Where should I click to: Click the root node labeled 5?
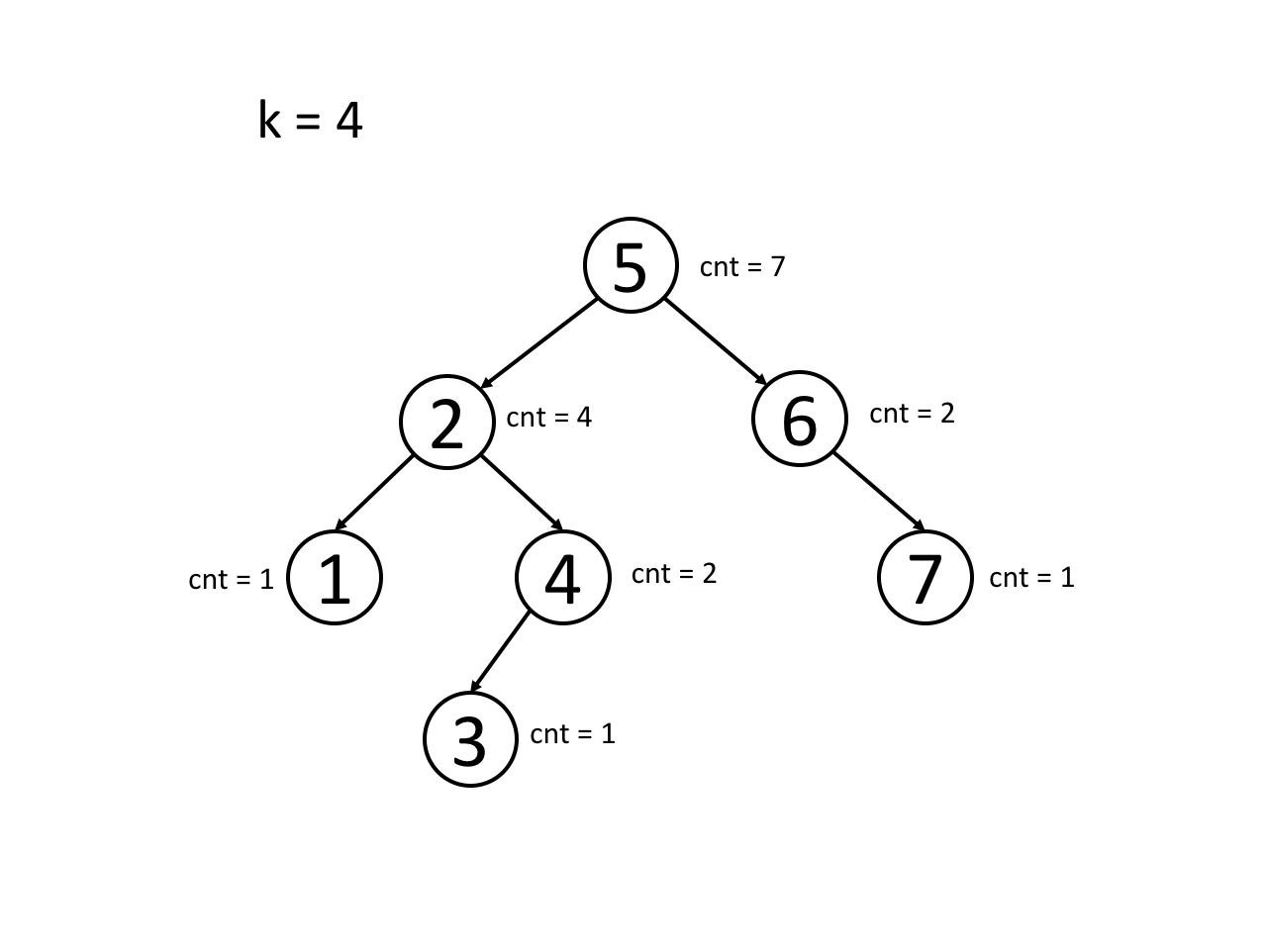(x=631, y=265)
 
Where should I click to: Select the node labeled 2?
(x=447, y=423)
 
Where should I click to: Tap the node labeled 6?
(x=800, y=419)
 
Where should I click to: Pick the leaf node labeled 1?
(x=335, y=578)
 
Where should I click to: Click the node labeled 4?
(x=562, y=578)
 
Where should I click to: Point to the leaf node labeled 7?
(x=925, y=578)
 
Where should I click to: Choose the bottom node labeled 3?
(x=470, y=739)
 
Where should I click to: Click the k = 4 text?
(x=310, y=121)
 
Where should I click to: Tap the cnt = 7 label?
(x=742, y=267)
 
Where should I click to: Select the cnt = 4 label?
(x=548, y=418)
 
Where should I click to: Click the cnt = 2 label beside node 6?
(x=912, y=414)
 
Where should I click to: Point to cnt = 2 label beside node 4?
(x=674, y=574)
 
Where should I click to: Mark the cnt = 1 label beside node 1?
(x=231, y=580)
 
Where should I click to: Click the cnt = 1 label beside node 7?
(x=1031, y=578)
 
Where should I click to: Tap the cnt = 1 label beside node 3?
(x=572, y=734)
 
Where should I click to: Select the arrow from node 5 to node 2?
(x=539, y=342)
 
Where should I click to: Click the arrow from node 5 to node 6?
(x=715, y=340)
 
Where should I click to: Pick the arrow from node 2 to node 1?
(x=375, y=492)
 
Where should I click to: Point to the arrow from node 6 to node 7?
(x=878, y=491)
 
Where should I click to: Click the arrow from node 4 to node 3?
(x=500, y=652)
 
